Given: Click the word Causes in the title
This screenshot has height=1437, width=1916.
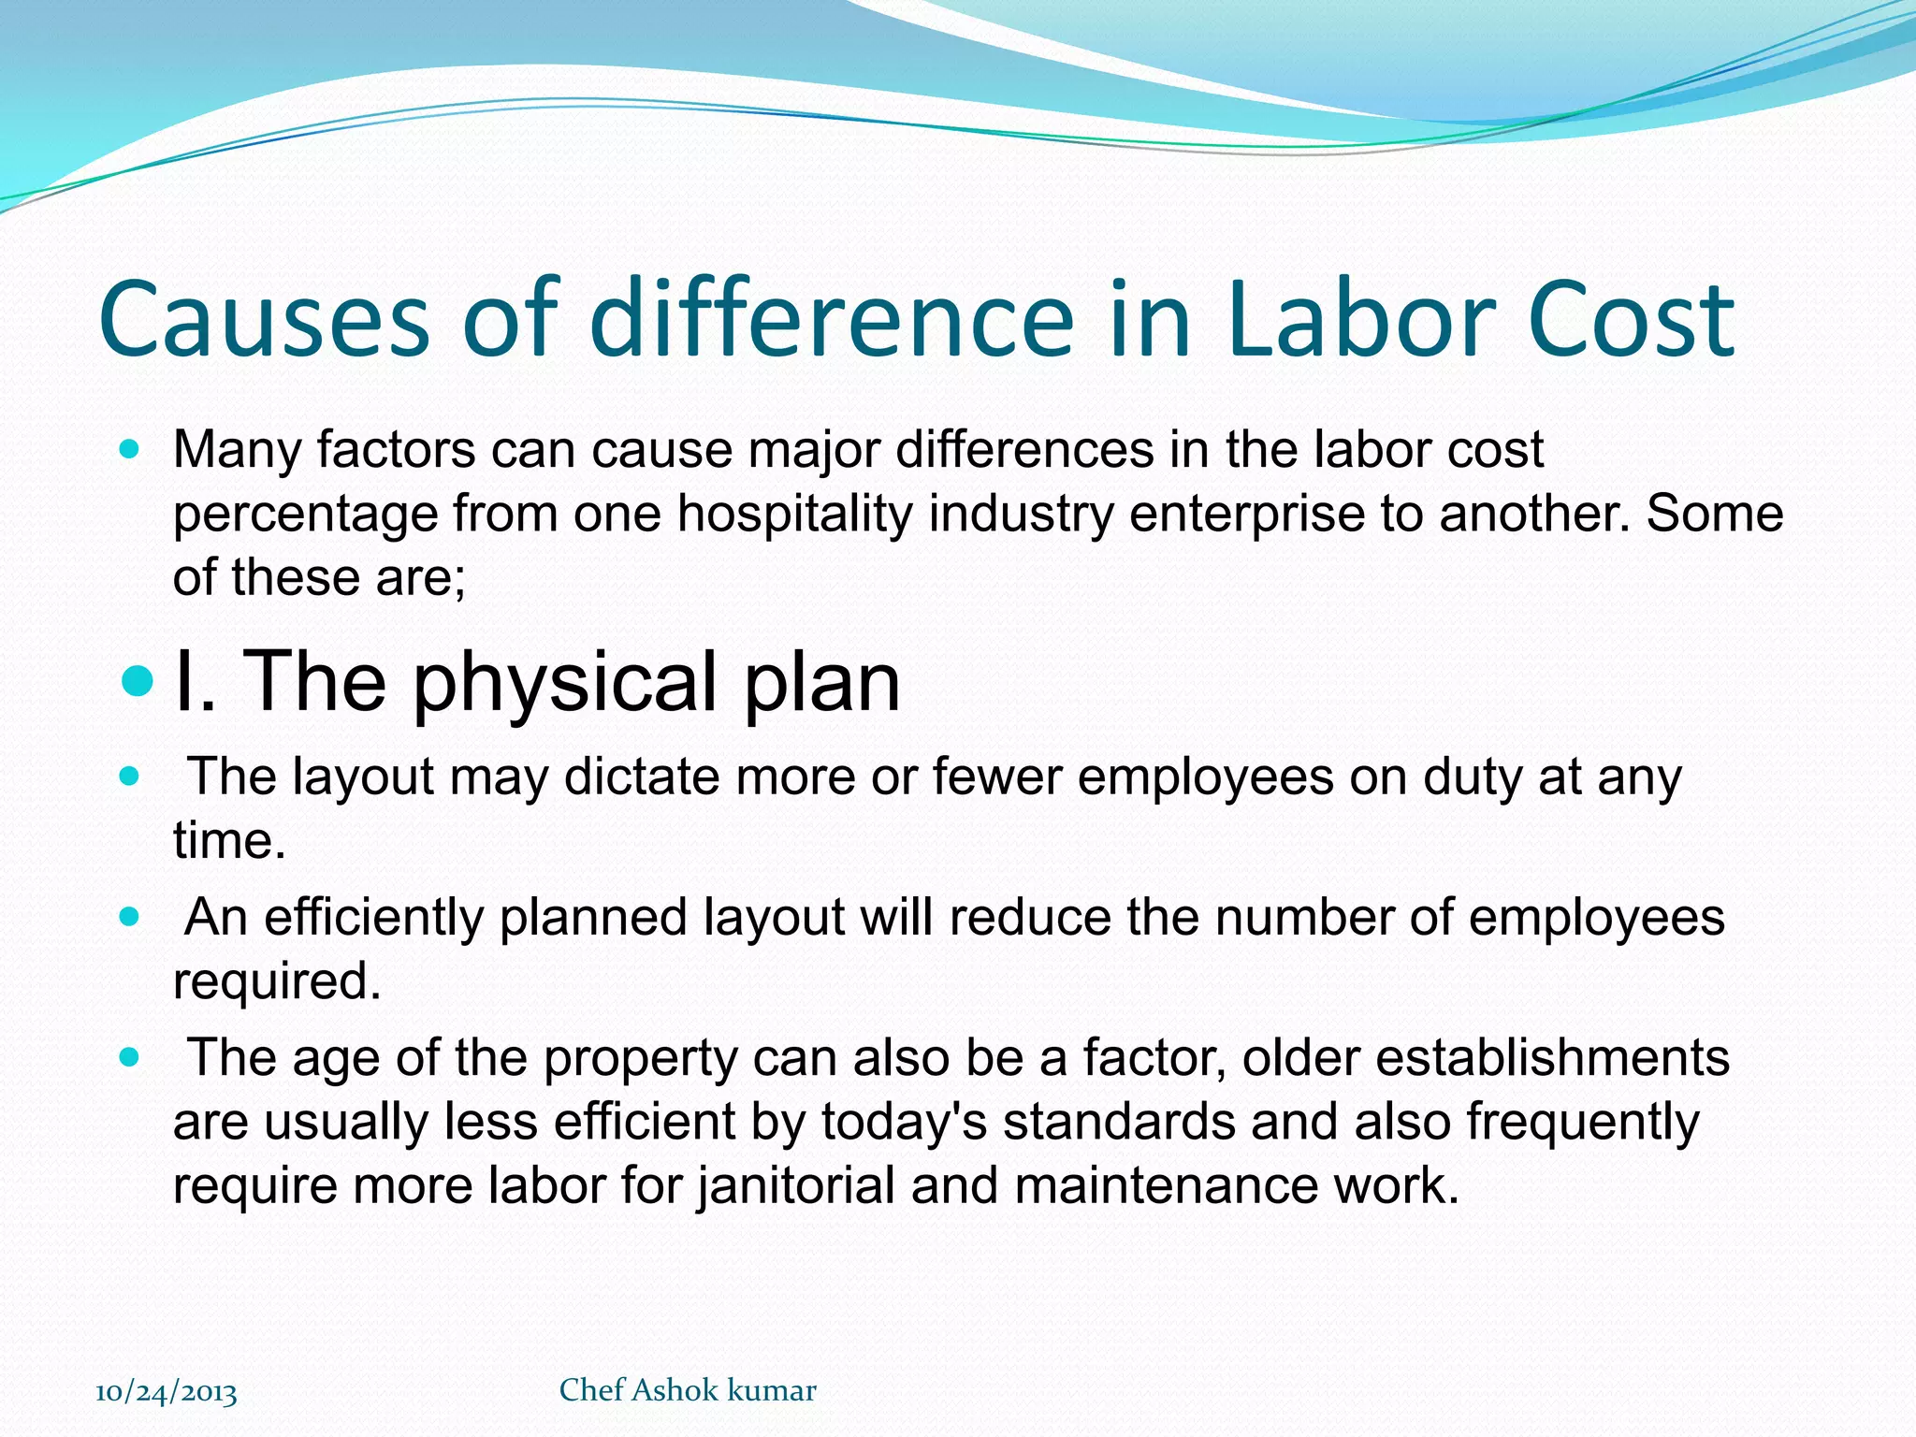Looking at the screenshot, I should click(263, 320).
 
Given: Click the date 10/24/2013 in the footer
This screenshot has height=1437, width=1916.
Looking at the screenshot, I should click(167, 1392).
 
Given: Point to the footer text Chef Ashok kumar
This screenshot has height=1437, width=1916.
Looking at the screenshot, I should click(688, 1390).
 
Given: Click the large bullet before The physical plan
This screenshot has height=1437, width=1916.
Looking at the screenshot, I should click(138, 681).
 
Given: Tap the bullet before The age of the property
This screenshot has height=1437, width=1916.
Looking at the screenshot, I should click(130, 1058).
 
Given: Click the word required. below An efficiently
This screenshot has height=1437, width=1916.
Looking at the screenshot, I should click(277, 981).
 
